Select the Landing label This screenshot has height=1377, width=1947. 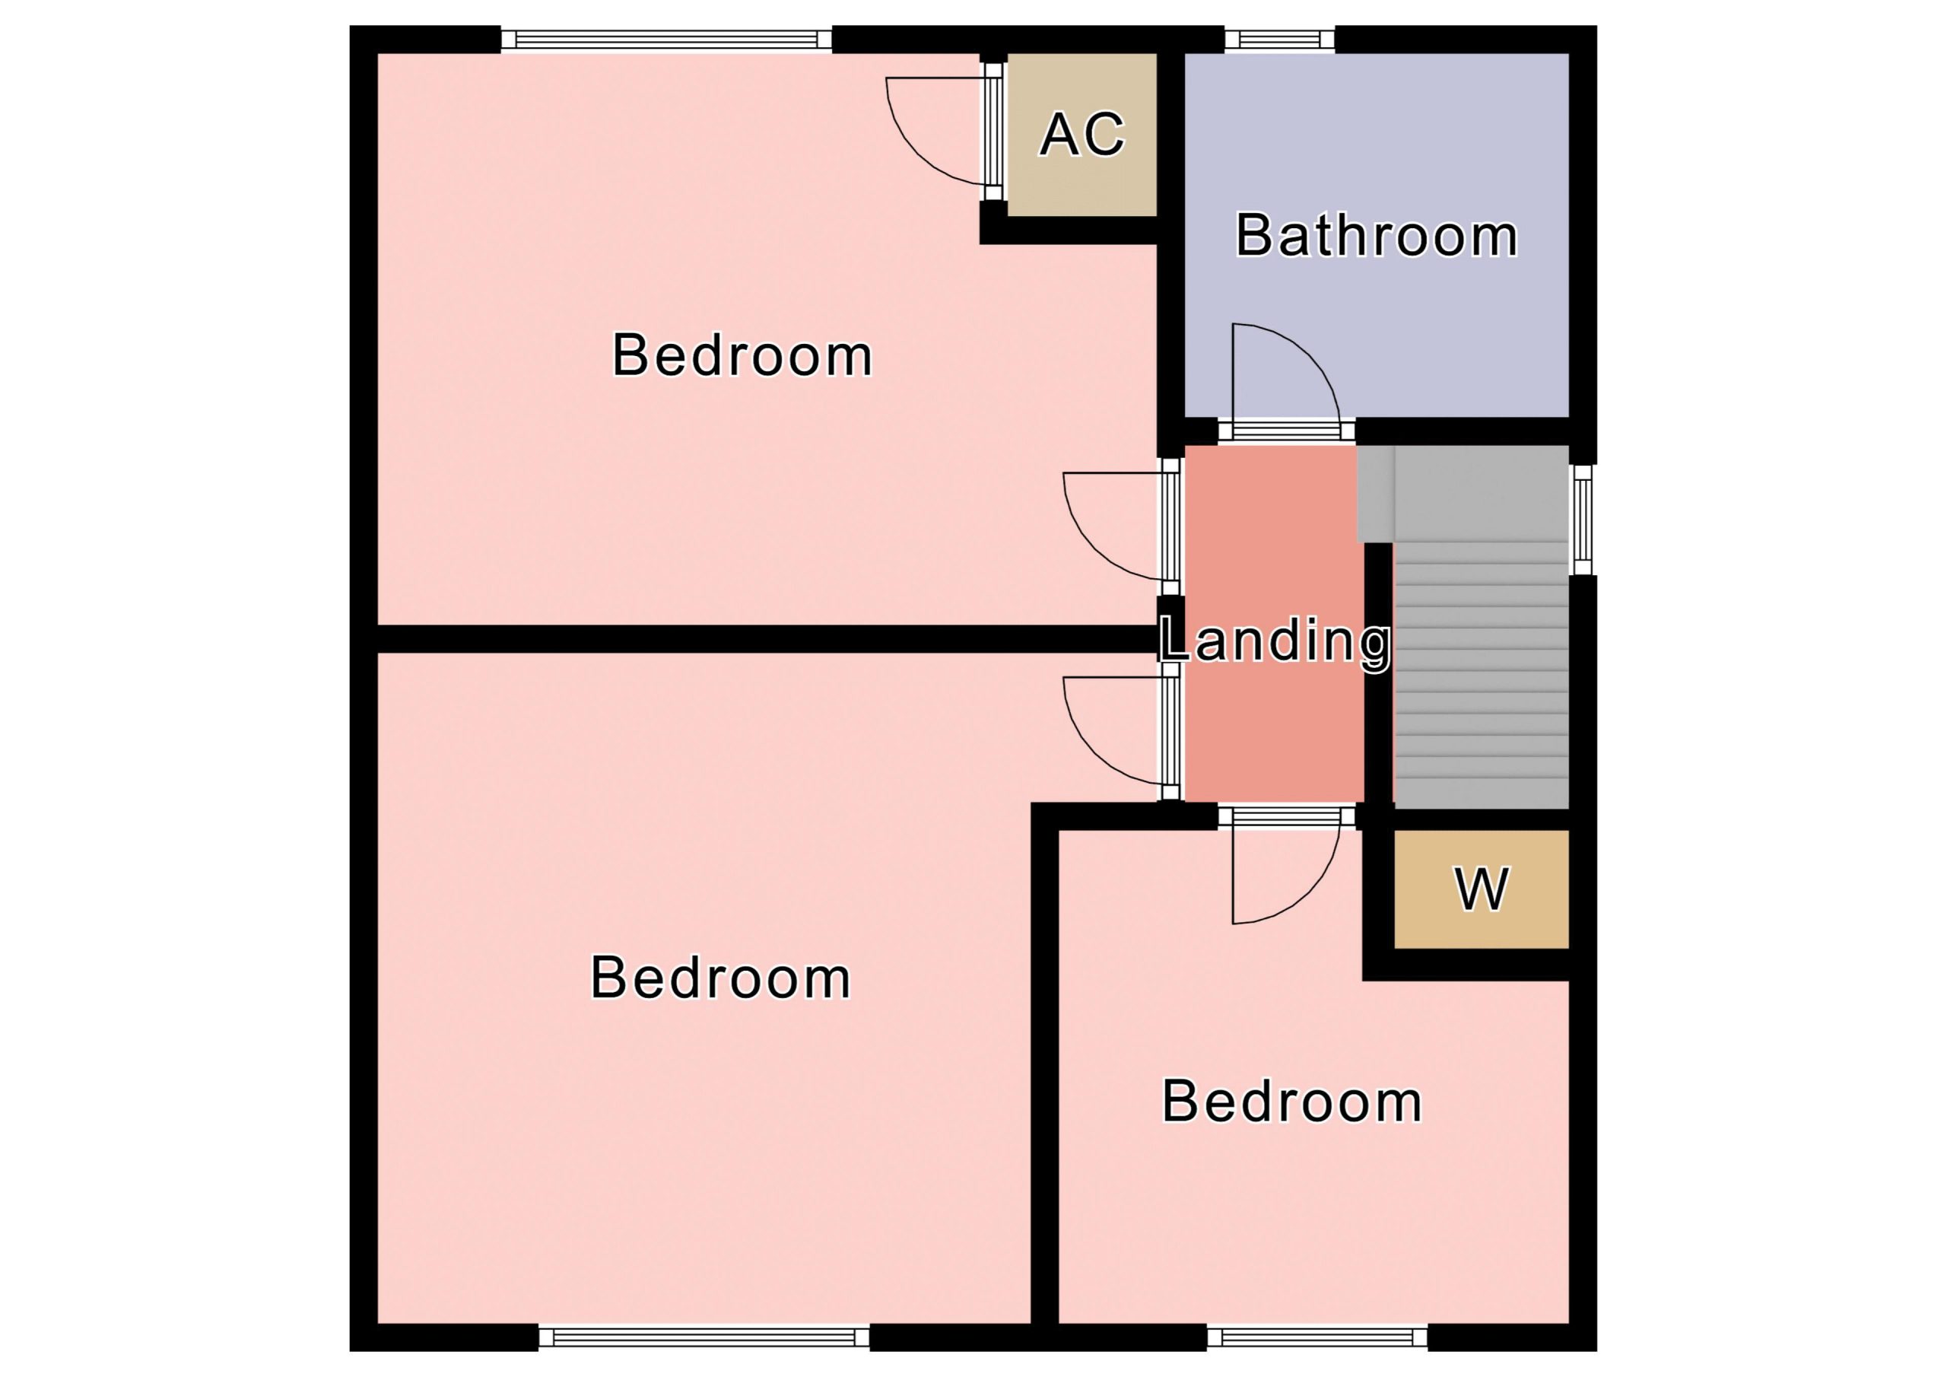pos(1275,641)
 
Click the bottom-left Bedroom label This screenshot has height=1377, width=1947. pos(720,978)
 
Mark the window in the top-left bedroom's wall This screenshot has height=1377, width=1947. pos(666,39)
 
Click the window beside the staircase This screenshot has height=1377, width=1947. pos(1583,520)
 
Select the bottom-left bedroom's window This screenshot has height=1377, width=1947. pos(704,1337)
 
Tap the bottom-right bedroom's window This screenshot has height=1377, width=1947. pos(1317,1337)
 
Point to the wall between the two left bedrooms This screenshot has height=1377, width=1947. pos(767,639)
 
